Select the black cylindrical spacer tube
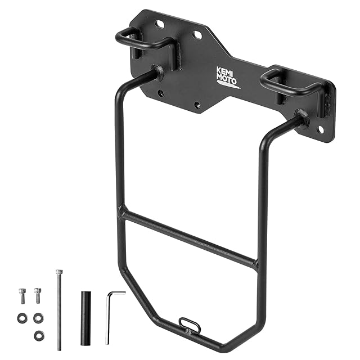coord(85,318)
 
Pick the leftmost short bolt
coord(22,296)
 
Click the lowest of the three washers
coord(39,336)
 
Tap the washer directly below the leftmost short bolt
coord(22,318)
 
